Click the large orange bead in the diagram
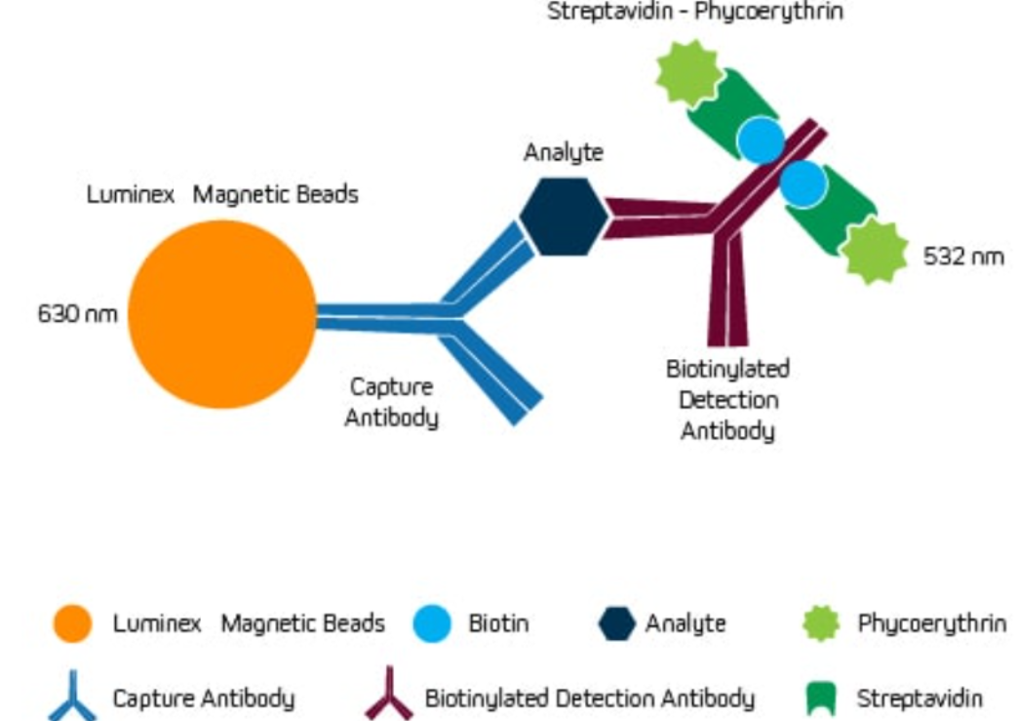[x=222, y=313]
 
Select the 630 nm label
[x=77, y=314]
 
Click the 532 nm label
[x=962, y=257]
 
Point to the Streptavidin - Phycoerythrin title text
[x=694, y=13]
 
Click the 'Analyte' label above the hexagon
[x=563, y=153]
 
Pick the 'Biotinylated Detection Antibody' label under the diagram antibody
[x=727, y=399]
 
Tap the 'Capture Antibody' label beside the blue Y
[x=391, y=401]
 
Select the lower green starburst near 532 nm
[x=874, y=251]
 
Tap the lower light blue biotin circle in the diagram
[x=803, y=182]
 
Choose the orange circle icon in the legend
[x=72, y=623]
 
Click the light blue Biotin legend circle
[x=431, y=623]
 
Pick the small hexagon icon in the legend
[x=616, y=623]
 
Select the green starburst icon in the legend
[x=821, y=623]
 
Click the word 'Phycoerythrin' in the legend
[x=931, y=623]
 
